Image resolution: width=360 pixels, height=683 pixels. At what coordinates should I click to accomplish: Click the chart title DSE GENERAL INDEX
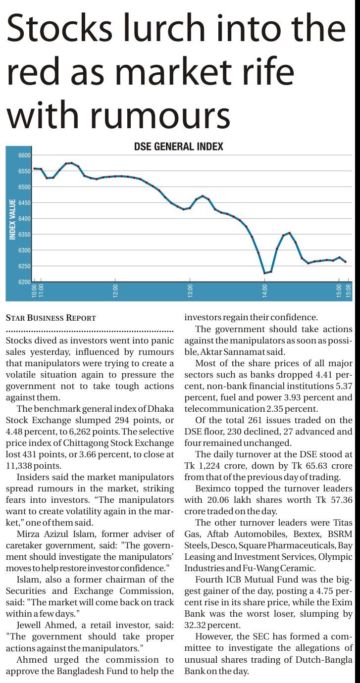[x=178, y=146]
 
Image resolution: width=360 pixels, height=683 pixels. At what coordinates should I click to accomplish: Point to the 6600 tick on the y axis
[x=24, y=155]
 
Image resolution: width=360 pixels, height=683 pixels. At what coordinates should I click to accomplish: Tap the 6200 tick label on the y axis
[x=24, y=282]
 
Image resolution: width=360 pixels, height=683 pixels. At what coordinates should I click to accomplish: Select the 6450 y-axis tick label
[x=24, y=203]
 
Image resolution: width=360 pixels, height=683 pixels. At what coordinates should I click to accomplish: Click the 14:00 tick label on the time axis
[x=264, y=291]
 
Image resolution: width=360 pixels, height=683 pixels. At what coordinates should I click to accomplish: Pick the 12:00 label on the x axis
[x=115, y=291]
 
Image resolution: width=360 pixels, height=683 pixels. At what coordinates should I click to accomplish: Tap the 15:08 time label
[x=348, y=291]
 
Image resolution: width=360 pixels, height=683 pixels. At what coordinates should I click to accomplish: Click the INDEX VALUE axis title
[x=12, y=219]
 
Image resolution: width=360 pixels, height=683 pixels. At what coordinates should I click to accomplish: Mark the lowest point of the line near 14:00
[x=264, y=273]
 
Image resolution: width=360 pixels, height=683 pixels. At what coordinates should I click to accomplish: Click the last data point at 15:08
[x=345, y=262]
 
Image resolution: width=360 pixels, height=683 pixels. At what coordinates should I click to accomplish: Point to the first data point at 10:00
[x=34, y=169]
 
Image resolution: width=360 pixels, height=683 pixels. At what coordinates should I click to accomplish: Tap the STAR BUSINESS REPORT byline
[x=51, y=318]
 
